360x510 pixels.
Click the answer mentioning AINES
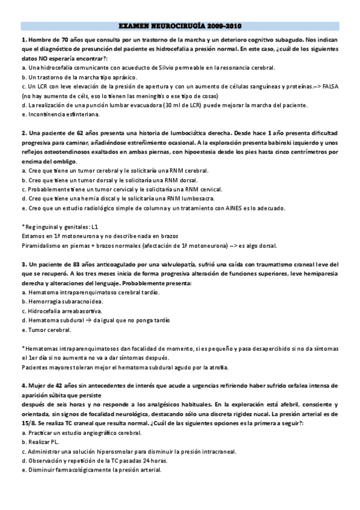[x=153, y=208]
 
